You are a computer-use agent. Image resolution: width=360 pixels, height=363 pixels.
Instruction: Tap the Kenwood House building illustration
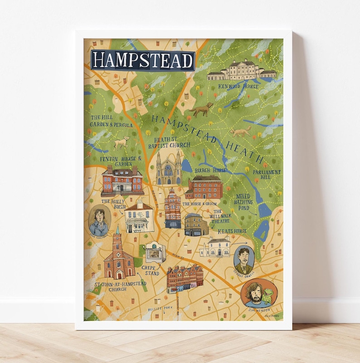pyautogui.click(x=242, y=70)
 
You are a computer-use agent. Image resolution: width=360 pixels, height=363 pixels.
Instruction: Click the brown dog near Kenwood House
pyautogui.click(x=202, y=109)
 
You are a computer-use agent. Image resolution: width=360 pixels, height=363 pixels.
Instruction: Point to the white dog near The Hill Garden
pyautogui.click(x=122, y=143)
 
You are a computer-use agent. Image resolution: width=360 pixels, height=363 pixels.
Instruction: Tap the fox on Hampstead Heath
pyautogui.click(x=240, y=132)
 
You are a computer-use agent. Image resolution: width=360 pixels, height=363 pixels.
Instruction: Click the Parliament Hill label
pyautogui.click(x=267, y=175)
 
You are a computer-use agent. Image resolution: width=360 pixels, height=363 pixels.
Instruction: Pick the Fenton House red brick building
pyautogui.click(x=122, y=180)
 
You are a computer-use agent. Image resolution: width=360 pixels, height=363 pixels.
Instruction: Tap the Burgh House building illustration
pyautogui.click(x=204, y=187)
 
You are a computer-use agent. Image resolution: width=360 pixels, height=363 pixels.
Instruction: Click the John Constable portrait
pyautogui.click(x=99, y=221)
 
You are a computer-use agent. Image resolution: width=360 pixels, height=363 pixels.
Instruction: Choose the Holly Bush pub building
pyautogui.click(x=139, y=217)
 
